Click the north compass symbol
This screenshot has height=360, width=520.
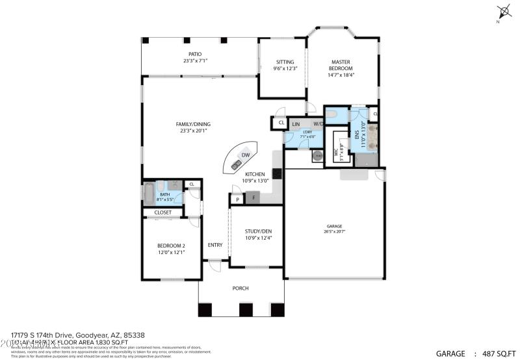click(502, 12)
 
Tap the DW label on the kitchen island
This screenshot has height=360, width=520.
click(246, 155)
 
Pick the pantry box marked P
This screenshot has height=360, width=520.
click(238, 199)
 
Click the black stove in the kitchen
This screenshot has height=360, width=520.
click(277, 174)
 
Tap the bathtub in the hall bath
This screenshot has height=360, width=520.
click(148, 193)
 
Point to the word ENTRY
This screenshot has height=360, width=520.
click(215, 245)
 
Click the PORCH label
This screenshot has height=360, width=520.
click(240, 288)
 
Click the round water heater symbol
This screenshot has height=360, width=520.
click(318, 156)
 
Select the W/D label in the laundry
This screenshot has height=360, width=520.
click(318, 123)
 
